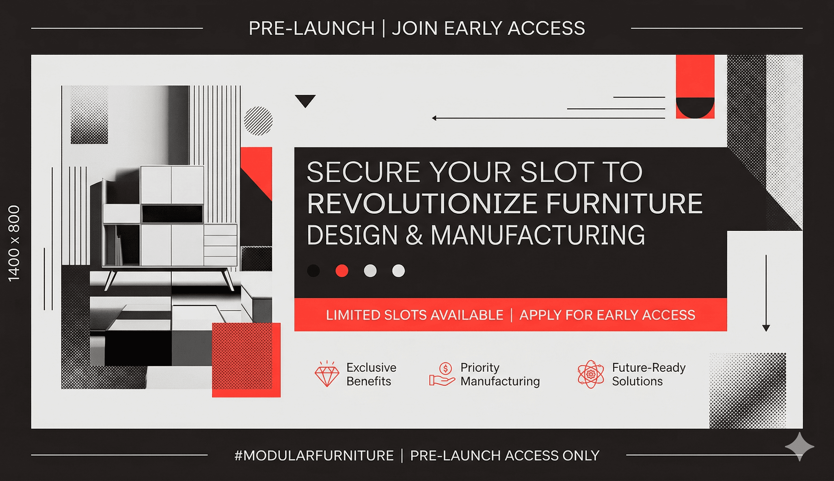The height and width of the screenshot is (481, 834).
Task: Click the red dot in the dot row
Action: pyautogui.click(x=342, y=271)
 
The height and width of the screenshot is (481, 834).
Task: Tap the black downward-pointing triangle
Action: pyautogui.click(x=305, y=100)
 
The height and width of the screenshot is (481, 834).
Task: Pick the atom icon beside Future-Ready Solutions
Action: pyautogui.click(x=591, y=374)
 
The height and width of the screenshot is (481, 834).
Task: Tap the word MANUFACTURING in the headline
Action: pyautogui.click(x=538, y=235)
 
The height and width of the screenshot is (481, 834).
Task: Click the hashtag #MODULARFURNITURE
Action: pyautogui.click(x=314, y=456)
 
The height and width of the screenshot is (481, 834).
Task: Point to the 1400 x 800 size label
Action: pyautogui.click(x=14, y=243)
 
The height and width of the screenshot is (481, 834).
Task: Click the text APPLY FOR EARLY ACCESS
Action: pyautogui.click(x=607, y=315)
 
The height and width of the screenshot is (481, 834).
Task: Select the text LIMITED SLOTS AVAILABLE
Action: pyautogui.click(x=414, y=315)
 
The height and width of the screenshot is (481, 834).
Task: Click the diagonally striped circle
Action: pyautogui.click(x=258, y=121)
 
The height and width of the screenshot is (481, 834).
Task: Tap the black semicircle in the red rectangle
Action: pyautogui.click(x=695, y=106)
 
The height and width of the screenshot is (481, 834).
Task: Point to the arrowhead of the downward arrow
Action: pyautogui.click(x=766, y=328)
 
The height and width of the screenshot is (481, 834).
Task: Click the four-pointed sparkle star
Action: pyautogui.click(x=799, y=447)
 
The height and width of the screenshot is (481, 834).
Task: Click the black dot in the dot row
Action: pyautogui.click(x=313, y=271)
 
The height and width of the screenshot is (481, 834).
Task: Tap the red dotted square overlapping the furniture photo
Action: pyautogui.click(x=246, y=360)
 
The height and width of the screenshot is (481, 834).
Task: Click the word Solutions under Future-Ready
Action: pyautogui.click(x=637, y=382)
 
